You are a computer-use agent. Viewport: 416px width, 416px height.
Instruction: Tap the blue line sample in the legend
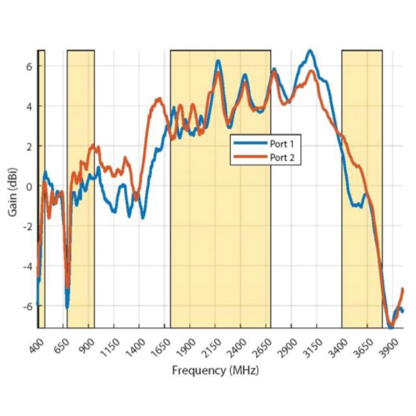point(250,143)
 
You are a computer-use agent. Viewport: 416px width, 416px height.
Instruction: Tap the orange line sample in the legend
point(250,157)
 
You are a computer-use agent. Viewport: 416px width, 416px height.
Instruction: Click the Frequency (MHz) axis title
point(216,370)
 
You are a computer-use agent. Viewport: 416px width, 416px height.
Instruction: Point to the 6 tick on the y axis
point(29,66)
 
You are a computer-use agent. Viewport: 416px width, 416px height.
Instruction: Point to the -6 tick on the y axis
point(27,306)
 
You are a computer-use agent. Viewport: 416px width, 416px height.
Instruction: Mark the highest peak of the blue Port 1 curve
point(310,50)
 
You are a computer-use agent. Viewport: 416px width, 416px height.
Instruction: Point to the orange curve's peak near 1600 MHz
point(159,99)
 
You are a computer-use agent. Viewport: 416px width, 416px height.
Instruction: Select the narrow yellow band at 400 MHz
point(42,189)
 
